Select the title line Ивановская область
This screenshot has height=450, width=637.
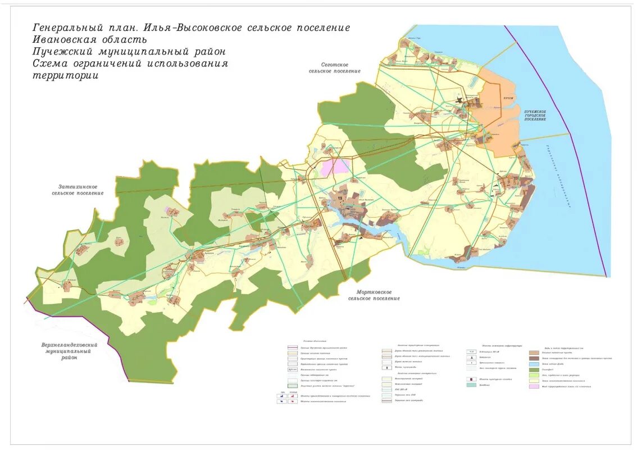[90, 40]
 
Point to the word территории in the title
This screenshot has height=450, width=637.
[65, 76]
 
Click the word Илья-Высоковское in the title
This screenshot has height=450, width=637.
[185, 28]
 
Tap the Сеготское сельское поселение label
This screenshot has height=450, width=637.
[334, 69]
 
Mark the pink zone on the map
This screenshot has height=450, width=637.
[334, 167]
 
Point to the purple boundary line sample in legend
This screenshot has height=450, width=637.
[292, 348]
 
